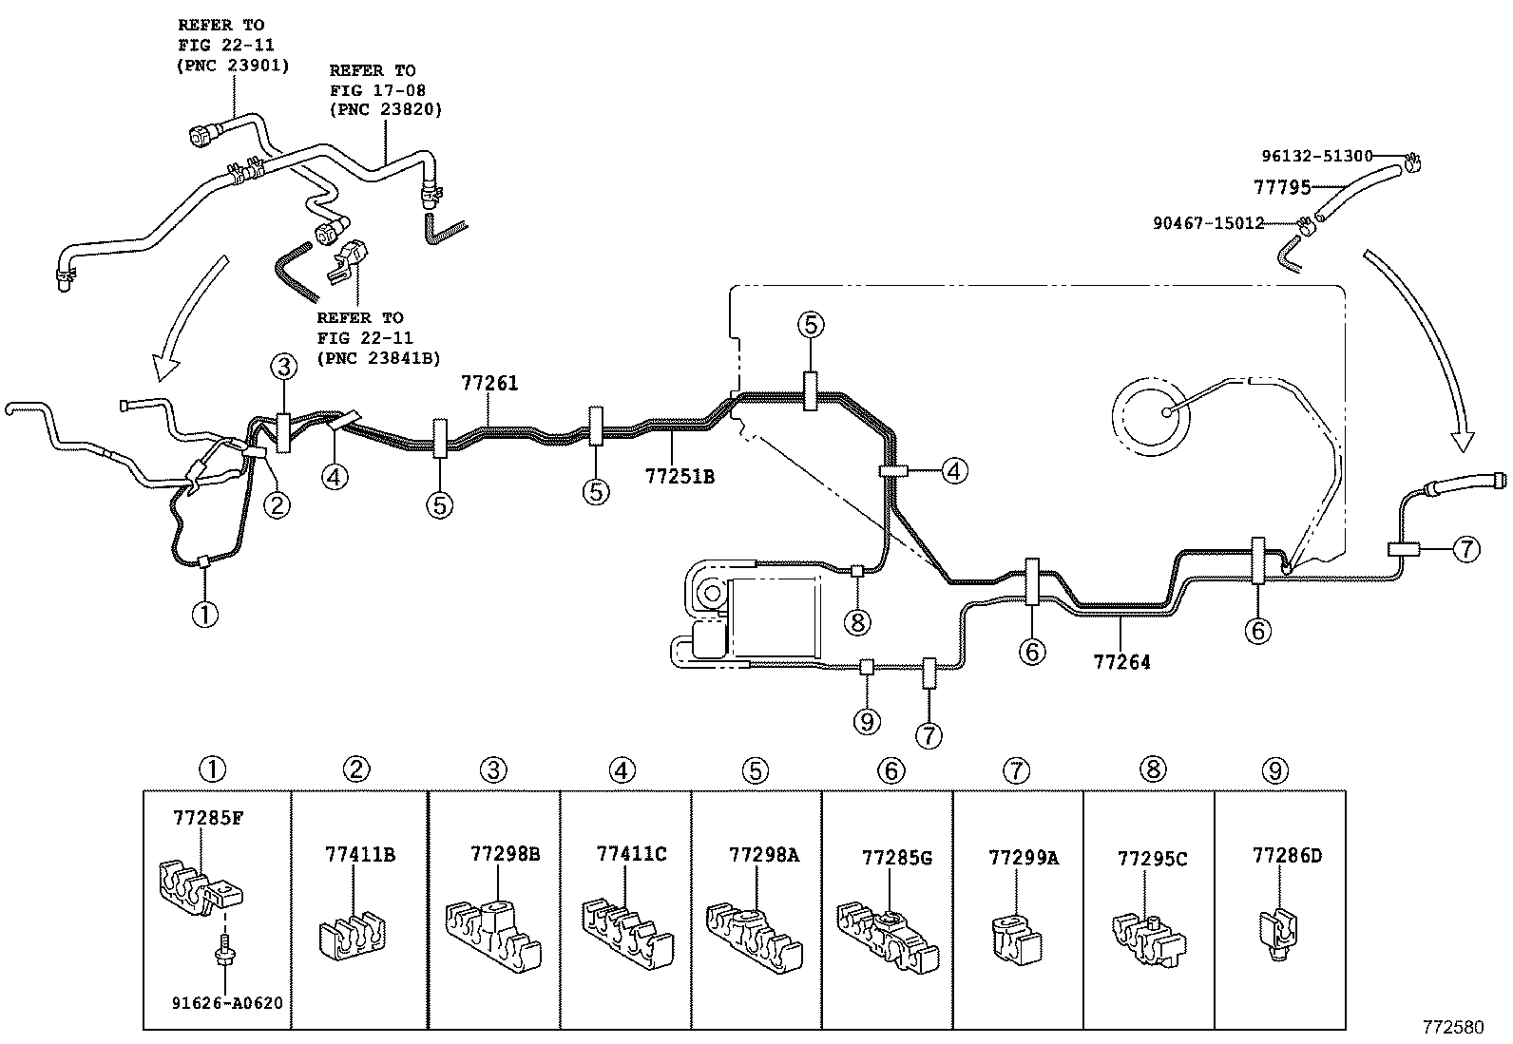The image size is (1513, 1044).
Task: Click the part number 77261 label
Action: click(489, 384)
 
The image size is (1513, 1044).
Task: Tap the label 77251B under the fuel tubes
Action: click(680, 477)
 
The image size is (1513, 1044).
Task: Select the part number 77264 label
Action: click(1121, 662)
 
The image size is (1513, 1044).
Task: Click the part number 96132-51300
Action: click(1317, 156)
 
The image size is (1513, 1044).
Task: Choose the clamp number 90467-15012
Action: click(1209, 223)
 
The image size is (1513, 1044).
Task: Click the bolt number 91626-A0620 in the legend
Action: click(227, 1002)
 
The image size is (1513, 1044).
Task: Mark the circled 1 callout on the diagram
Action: click(205, 615)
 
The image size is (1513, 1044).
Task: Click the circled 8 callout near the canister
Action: click(857, 622)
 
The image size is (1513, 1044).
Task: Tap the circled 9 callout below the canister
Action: click(867, 722)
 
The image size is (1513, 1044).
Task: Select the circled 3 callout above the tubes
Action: click(283, 366)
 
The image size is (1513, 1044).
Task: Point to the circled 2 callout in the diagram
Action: click(277, 505)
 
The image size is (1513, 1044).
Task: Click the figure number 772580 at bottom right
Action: click(1452, 1027)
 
